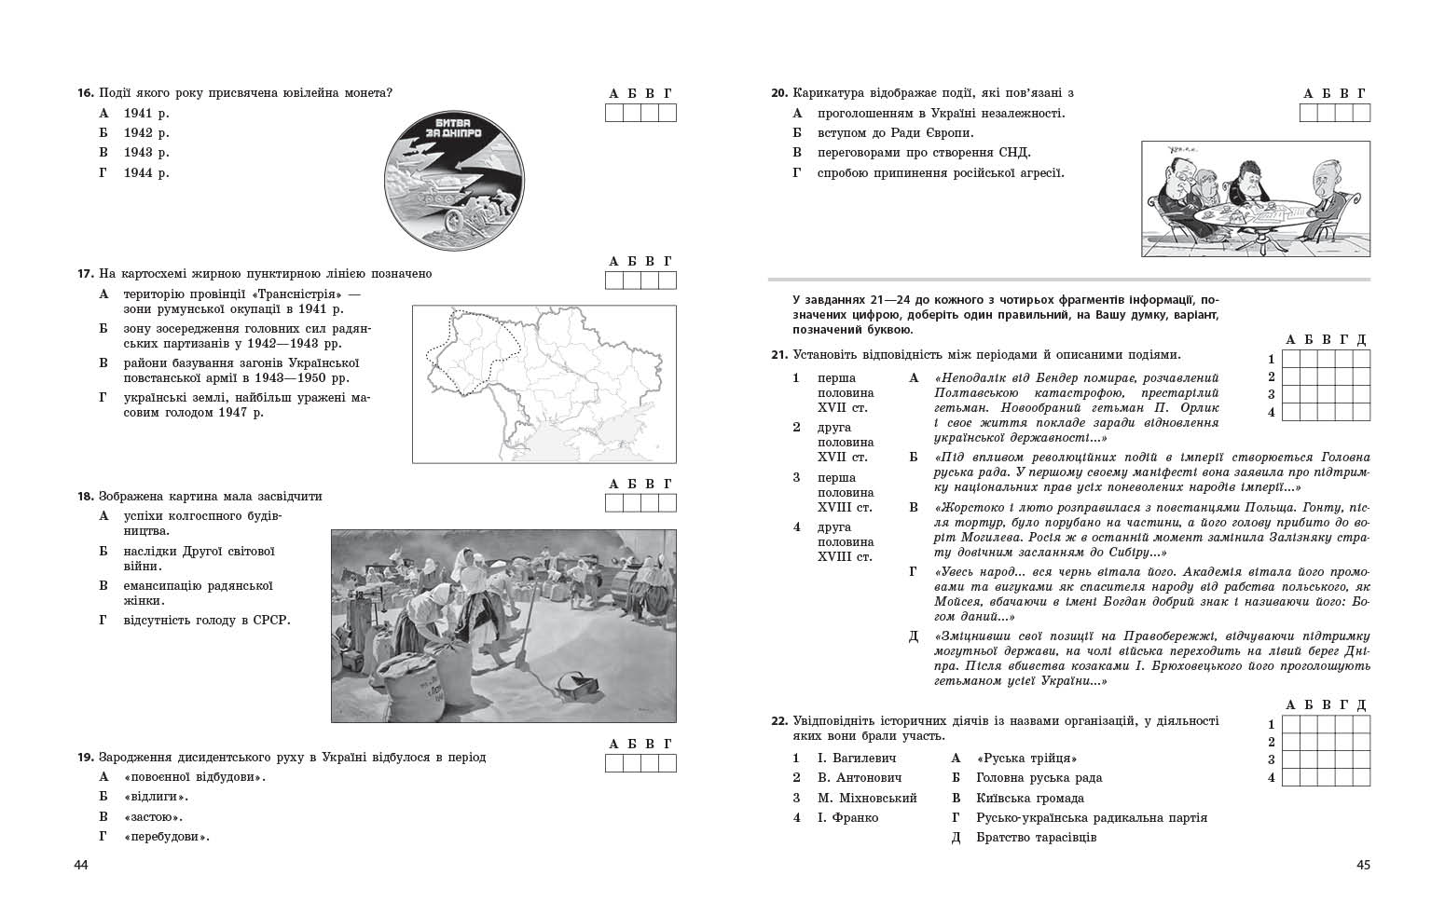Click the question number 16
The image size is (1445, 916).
pyautogui.click(x=85, y=93)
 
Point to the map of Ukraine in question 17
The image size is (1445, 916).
pyautogui.click(x=544, y=383)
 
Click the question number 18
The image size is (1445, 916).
pyautogui.click(x=85, y=497)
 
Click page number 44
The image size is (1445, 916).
pyautogui.click(x=80, y=866)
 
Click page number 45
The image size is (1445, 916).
pyautogui.click(x=1363, y=866)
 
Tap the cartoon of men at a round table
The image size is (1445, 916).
pyautogui.click(x=1255, y=198)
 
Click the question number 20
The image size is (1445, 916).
pyautogui.click(x=779, y=93)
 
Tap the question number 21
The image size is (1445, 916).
pyautogui.click(x=779, y=355)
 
